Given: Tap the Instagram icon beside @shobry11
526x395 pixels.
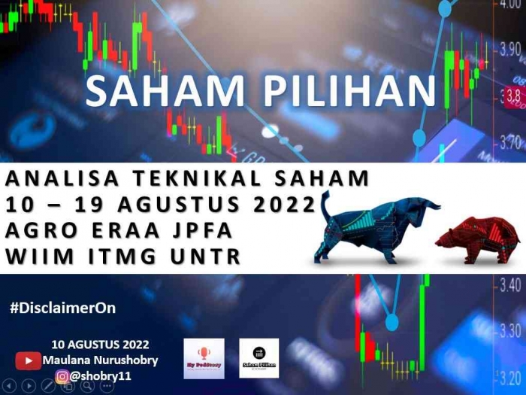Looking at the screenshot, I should point(62,375).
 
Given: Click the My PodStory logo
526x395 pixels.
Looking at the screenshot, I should point(204,358).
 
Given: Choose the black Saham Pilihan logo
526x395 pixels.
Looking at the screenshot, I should point(259,358).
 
